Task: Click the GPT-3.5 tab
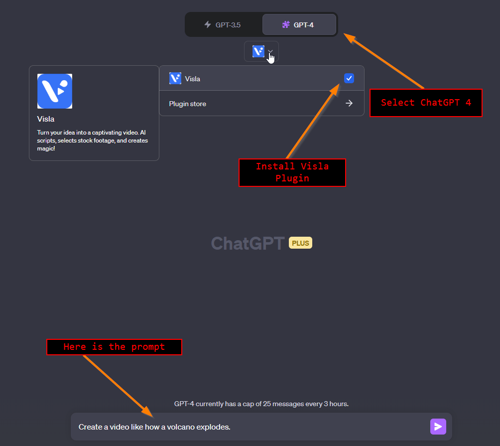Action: pos(223,24)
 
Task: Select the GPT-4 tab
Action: pos(299,24)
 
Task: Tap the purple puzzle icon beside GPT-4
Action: pos(286,24)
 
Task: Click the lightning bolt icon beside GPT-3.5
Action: pos(208,24)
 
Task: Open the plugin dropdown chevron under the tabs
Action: pos(270,51)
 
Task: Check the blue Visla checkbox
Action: pos(349,78)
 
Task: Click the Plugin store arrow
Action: pos(349,104)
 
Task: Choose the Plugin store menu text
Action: pos(187,104)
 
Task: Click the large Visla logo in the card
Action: pos(55,91)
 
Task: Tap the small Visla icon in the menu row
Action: pos(175,78)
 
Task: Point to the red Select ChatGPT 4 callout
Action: pos(425,103)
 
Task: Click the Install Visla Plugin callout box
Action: pos(292,172)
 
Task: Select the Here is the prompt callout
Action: pos(114,347)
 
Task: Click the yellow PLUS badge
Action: pos(300,243)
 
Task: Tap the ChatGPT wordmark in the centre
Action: pos(248,243)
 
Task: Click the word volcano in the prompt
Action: pos(180,427)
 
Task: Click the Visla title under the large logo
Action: pos(46,119)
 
